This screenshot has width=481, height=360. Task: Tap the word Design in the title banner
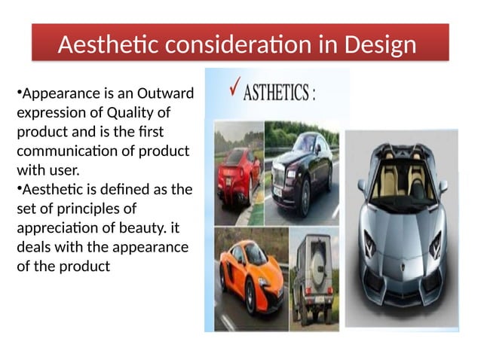[x=378, y=45]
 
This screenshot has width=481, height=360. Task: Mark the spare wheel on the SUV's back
[x=317, y=259]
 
